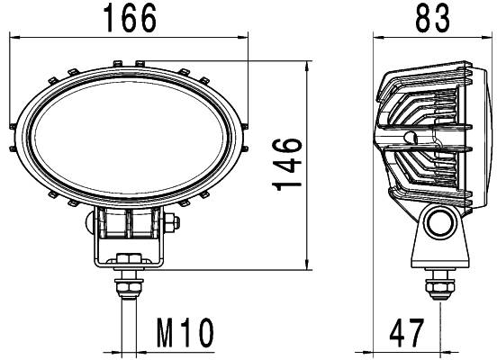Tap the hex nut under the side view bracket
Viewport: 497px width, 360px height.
[x=439, y=284]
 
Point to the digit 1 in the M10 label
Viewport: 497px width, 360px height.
[x=177, y=334]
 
